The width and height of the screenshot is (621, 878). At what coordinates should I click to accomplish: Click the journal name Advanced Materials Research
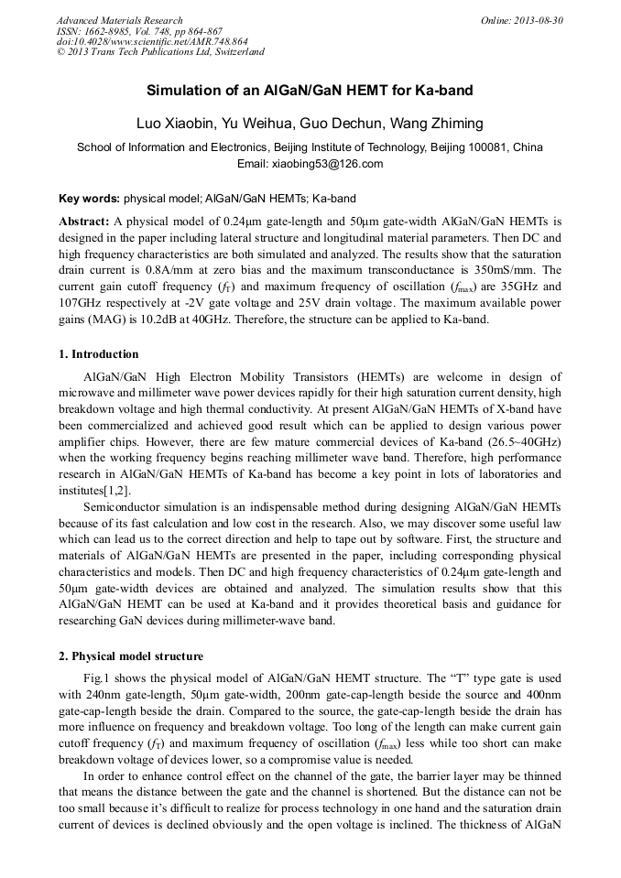[x=119, y=20]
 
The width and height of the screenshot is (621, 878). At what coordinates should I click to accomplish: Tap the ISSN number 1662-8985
[x=108, y=31]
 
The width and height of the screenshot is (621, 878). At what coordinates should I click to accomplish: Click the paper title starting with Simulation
[x=310, y=92]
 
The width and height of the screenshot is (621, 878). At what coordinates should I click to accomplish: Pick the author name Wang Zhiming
[x=436, y=124]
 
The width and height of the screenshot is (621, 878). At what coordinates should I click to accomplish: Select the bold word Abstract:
[x=84, y=222]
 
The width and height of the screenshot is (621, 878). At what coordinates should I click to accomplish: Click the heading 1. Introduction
[x=99, y=354]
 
